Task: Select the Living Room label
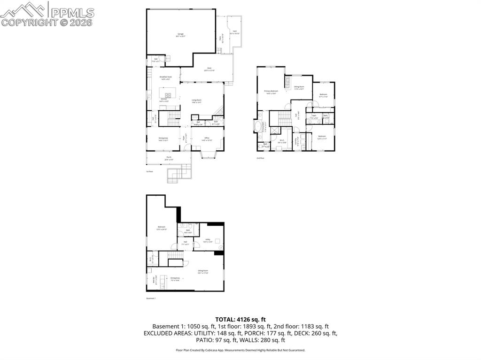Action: coord(196,100)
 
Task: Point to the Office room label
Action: coord(207,138)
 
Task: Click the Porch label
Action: coord(168,158)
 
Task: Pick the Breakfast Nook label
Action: coord(166,77)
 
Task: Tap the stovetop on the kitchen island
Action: coord(167,95)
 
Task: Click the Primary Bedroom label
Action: coord(271,92)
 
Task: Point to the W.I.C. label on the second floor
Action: coord(282,141)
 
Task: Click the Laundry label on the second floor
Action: coord(296,141)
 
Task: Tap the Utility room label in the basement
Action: coord(207,240)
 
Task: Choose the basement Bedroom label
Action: coord(162,229)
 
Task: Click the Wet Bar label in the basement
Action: coord(155,280)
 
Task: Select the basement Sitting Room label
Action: coord(203,272)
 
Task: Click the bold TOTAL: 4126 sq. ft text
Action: coord(240,319)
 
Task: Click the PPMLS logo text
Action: coord(72,13)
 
